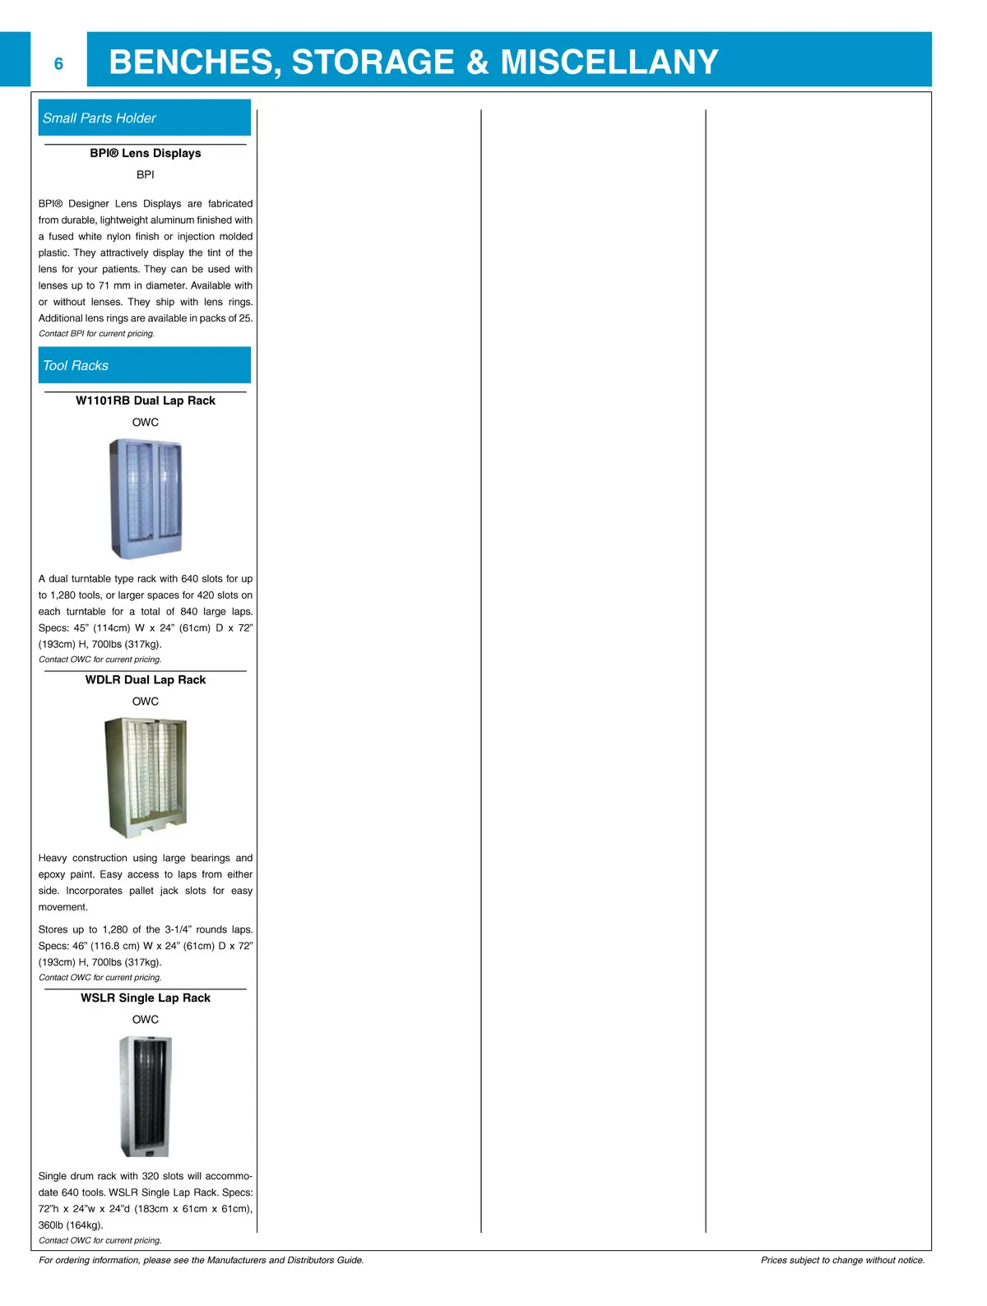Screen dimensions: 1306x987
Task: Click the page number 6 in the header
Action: point(58,64)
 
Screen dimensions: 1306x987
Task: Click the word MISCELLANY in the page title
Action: point(609,63)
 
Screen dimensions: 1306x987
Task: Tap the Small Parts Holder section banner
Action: point(145,118)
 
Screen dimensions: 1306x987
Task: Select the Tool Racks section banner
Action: point(145,365)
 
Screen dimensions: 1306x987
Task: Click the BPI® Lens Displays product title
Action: point(146,153)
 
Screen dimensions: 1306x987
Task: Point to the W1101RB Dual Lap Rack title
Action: point(146,401)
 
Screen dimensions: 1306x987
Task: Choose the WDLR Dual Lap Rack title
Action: point(146,679)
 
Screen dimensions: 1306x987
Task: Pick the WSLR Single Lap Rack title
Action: point(146,998)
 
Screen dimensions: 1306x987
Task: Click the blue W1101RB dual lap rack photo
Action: point(146,498)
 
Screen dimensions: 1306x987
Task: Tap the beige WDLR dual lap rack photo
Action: point(146,777)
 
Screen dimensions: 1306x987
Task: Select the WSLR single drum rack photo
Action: point(146,1096)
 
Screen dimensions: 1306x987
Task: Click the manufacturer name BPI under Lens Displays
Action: point(146,174)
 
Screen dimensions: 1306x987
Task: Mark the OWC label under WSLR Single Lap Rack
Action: point(146,1019)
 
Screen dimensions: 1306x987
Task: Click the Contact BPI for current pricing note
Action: point(96,334)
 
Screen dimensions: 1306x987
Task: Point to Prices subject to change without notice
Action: point(842,1260)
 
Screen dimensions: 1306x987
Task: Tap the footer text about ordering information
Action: point(201,1260)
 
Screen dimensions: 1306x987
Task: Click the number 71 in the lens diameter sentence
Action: point(104,285)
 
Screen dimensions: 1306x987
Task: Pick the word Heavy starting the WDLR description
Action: point(53,858)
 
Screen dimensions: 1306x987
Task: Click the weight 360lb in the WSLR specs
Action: point(52,1225)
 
